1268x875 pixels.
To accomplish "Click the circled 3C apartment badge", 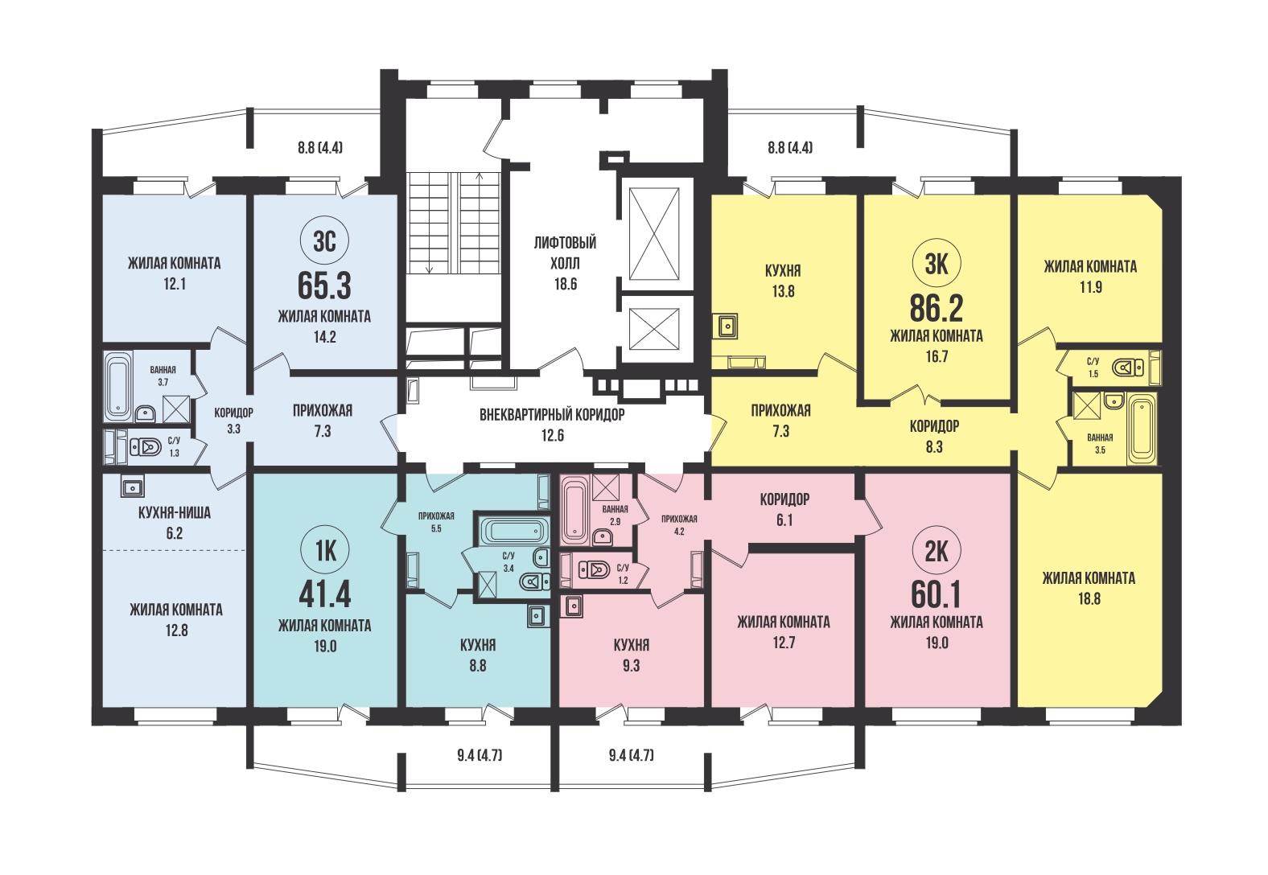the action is pos(325,242).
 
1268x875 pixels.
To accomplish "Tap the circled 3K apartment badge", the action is pos(937,264).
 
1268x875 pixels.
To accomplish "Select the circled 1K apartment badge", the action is pos(325,551).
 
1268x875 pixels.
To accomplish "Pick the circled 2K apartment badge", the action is pos(937,551).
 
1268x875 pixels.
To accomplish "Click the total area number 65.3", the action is pos(324,286).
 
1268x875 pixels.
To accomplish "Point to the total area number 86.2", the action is pos(937,308).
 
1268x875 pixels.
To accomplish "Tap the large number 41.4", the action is pos(324,595).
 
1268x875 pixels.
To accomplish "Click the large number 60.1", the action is pos(937,595).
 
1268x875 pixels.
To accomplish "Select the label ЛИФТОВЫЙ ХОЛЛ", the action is pos(565,253).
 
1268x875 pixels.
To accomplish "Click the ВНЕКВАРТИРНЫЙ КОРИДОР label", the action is pos(552,415).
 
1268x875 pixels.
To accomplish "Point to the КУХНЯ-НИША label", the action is pos(175,513).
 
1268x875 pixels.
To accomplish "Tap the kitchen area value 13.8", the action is pos(783,291).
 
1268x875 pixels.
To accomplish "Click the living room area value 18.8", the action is pos(1089,599).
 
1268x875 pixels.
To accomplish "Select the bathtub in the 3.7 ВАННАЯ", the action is pos(118,385).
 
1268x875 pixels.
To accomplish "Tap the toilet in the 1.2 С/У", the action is pos(593,569).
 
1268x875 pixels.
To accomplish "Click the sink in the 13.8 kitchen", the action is pos(725,326).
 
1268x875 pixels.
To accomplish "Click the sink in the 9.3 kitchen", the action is pos(572,606).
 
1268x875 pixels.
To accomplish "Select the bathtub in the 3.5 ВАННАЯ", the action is pos(1141,431).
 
